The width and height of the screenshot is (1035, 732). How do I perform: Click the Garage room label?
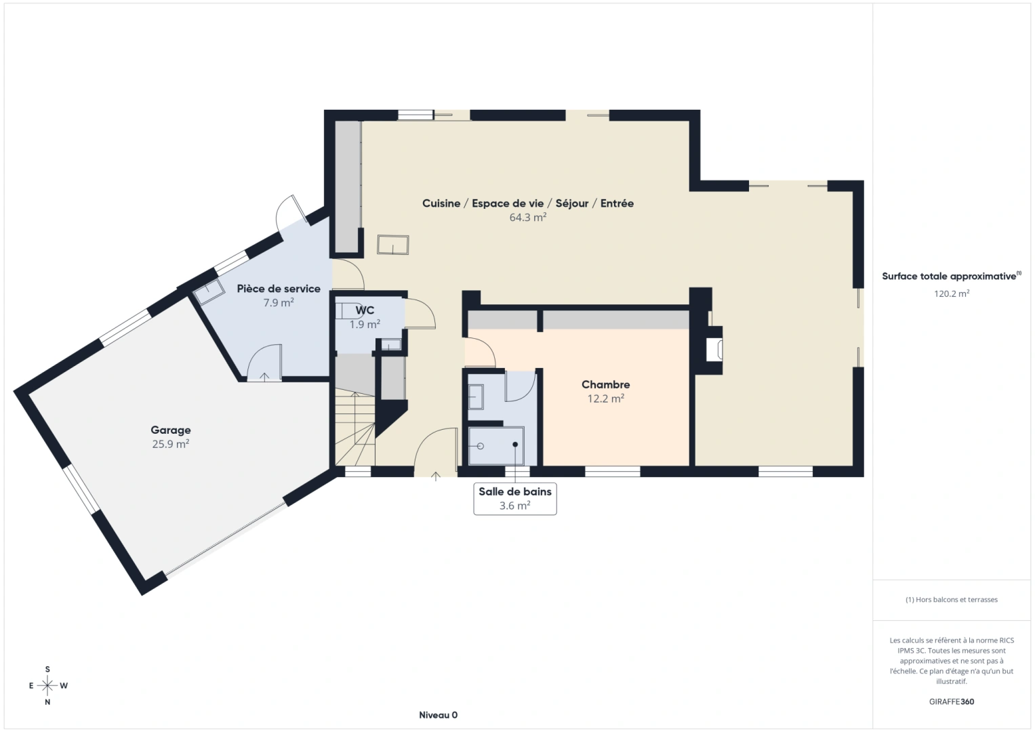(170, 430)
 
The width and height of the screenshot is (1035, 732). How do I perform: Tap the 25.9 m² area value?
(170, 445)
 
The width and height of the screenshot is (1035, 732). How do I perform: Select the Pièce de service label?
(279, 289)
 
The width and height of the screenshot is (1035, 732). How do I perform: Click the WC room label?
(365, 310)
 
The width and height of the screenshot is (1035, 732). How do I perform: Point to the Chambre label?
(605, 384)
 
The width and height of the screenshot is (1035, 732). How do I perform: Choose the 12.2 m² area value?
(605, 399)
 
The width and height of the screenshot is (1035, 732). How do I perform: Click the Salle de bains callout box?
(514, 499)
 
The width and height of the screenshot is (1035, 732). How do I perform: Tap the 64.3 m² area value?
(527, 218)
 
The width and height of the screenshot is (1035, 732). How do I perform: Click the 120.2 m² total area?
(951, 294)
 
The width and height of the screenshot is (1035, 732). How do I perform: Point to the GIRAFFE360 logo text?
(951, 701)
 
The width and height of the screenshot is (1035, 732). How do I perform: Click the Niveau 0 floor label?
(438, 715)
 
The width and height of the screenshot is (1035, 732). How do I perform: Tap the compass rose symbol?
(47, 686)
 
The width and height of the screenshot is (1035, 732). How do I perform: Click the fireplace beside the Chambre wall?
(714, 350)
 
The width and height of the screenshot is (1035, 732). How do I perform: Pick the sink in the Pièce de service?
(209, 291)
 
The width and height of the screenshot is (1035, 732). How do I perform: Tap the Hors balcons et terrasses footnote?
(951, 600)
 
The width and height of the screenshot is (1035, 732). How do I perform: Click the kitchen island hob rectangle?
(393, 245)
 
